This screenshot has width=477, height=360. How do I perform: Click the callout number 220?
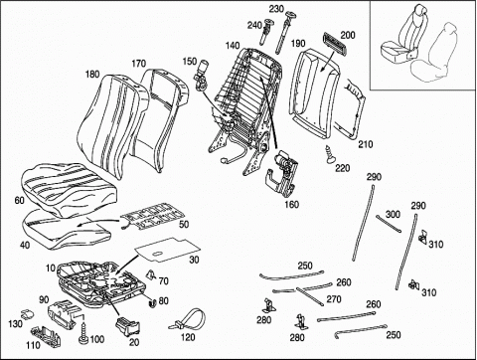click(343, 168)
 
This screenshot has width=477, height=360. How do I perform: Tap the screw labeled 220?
click(330, 154)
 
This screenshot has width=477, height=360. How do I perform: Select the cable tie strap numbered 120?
click(189, 319)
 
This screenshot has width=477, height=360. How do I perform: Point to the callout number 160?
click(291, 205)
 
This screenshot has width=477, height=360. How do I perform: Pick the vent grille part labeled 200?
click(335, 42)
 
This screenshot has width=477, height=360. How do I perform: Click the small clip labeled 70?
click(151, 274)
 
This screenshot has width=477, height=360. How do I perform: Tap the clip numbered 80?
click(152, 302)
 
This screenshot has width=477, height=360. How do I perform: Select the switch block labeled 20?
click(127, 326)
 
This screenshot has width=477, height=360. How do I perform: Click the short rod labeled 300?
click(389, 224)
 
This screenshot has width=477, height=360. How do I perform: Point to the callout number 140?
click(233, 46)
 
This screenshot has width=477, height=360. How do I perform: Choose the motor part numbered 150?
click(200, 74)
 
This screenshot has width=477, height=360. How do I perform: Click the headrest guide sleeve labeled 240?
click(268, 33)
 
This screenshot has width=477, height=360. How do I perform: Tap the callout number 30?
click(194, 260)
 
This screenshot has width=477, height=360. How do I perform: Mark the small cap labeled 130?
click(27, 313)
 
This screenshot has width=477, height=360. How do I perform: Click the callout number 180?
click(92, 74)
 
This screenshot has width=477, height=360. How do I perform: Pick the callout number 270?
click(334, 299)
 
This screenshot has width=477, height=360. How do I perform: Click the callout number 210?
click(366, 144)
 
